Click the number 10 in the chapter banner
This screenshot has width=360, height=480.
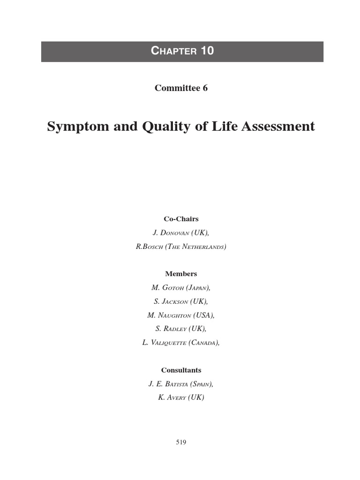pyautogui.click(x=206, y=51)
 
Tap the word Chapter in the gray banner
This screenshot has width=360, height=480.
pyautogui.click(x=173, y=52)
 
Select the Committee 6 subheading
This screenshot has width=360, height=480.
pyautogui.click(x=181, y=89)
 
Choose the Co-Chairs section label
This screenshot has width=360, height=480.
pyautogui.click(x=181, y=219)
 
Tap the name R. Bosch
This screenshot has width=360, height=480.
pyautogui.click(x=152, y=247)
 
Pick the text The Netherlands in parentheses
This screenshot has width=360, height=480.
pyautogui.click(x=198, y=247)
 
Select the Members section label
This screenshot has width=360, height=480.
pyautogui.click(x=181, y=274)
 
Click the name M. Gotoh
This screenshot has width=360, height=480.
pyautogui.click(x=168, y=288)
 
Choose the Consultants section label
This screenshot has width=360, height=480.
pyautogui.click(x=181, y=370)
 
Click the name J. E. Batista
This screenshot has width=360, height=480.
pyautogui.click(x=168, y=384)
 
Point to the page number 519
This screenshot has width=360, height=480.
pyautogui.click(x=181, y=442)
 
